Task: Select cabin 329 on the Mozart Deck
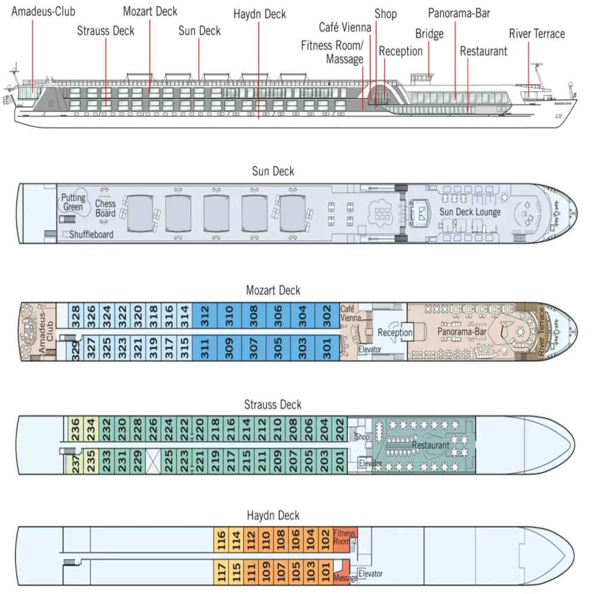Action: [x=75, y=350]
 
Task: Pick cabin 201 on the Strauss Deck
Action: [x=340, y=461]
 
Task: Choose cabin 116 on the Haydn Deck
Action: [x=222, y=541]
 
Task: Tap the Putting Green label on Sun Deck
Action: [x=74, y=202]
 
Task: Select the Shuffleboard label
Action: [x=91, y=234]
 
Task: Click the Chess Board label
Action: [x=106, y=208]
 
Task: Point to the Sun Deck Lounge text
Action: [x=470, y=212]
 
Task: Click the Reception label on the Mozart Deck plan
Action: [x=395, y=332]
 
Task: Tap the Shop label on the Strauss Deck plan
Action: [x=362, y=437]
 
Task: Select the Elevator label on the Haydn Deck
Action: [x=370, y=574]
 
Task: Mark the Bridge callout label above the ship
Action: [x=429, y=34]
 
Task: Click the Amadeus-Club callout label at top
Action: [x=44, y=12]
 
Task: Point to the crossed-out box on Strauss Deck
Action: [x=153, y=461]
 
